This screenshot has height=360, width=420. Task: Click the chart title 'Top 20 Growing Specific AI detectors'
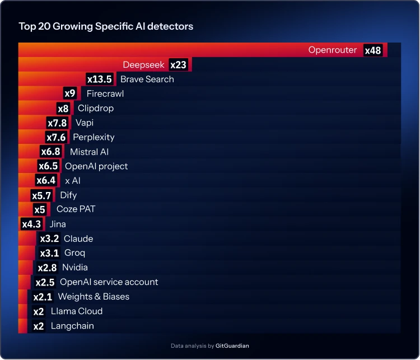click(x=106, y=26)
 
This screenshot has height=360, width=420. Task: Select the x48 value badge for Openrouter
click(x=372, y=50)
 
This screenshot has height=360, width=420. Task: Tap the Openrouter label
click(x=332, y=50)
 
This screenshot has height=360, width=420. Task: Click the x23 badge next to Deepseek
click(x=178, y=65)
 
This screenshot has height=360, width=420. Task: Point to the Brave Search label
click(x=147, y=80)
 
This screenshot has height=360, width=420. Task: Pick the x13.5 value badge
click(x=99, y=80)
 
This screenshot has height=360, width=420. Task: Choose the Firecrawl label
click(x=105, y=93)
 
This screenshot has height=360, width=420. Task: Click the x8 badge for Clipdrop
click(x=63, y=109)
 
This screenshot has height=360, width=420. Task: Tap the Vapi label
click(x=84, y=123)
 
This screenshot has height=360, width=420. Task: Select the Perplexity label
click(x=94, y=137)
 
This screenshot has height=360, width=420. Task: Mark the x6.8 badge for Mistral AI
click(x=50, y=152)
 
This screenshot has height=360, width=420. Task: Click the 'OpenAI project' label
click(x=96, y=166)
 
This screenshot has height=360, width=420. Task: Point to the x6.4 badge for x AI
click(x=45, y=180)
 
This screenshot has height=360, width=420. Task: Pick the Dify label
click(x=68, y=195)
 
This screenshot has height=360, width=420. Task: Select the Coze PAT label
click(x=76, y=209)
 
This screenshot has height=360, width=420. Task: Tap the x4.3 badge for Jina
click(x=31, y=224)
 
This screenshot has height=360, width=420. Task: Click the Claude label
click(x=78, y=239)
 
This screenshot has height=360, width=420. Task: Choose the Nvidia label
click(x=74, y=268)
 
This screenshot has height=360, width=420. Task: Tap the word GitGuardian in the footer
click(x=233, y=346)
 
